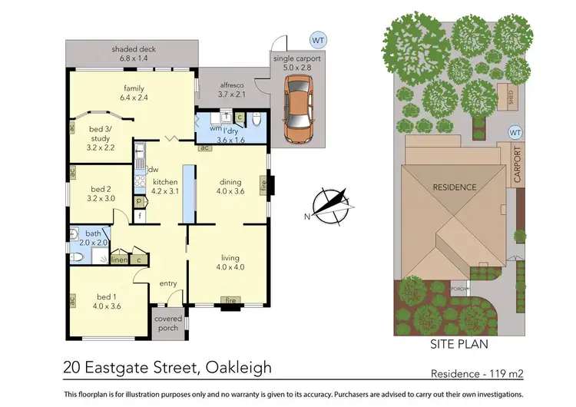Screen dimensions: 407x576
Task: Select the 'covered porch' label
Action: point(168,323)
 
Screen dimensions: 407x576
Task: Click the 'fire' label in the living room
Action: point(228,300)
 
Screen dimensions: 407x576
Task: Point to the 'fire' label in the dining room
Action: point(263,184)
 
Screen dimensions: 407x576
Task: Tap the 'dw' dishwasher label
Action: point(154,170)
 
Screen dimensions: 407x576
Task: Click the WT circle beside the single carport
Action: point(316,38)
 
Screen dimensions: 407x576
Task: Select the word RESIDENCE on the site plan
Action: point(455,187)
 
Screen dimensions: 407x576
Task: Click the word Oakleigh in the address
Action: point(237,367)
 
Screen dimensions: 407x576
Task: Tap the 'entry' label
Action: point(168,283)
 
